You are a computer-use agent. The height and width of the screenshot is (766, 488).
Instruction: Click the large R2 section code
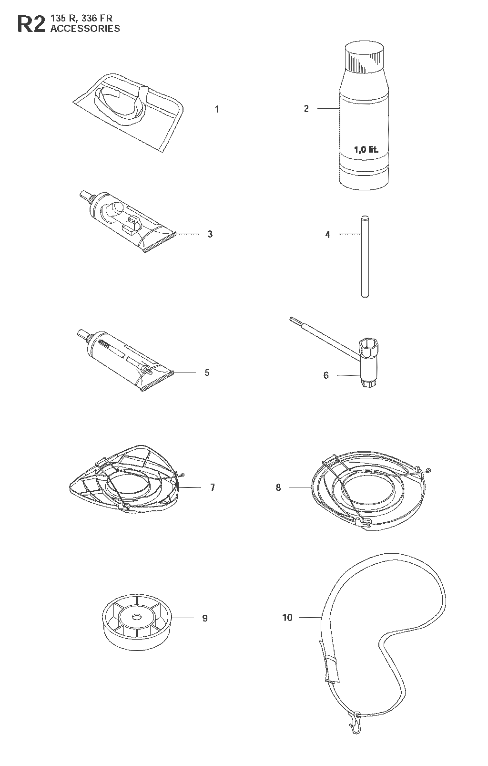click(31, 24)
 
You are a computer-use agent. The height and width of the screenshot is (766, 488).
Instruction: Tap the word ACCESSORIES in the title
click(85, 29)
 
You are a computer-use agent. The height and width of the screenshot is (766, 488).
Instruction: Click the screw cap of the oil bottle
click(364, 57)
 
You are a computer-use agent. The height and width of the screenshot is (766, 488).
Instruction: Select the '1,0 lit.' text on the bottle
click(366, 149)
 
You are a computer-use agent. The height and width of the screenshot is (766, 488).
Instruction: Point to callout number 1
click(217, 109)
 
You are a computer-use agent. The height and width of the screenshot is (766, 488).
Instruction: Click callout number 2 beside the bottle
click(306, 109)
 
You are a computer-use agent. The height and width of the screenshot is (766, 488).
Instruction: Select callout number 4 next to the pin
click(328, 234)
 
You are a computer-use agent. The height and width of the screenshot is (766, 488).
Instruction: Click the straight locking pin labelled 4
click(365, 256)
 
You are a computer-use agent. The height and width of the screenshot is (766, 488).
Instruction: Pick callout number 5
click(207, 373)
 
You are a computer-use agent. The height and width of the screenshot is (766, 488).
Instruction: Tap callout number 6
click(326, 375)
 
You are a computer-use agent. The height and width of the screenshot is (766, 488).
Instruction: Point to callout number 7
click(213, 487)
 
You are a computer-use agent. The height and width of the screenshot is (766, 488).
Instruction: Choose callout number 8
click(278, 487)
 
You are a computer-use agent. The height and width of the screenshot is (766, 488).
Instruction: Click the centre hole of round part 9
click(137, 617)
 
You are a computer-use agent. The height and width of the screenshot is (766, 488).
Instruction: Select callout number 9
click(205, 618)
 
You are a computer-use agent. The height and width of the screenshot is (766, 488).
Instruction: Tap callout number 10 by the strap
click(287, 618)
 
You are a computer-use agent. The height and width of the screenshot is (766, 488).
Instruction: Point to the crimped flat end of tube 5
click(158, 381)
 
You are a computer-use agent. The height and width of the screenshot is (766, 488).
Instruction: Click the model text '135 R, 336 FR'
click(81, 19)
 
